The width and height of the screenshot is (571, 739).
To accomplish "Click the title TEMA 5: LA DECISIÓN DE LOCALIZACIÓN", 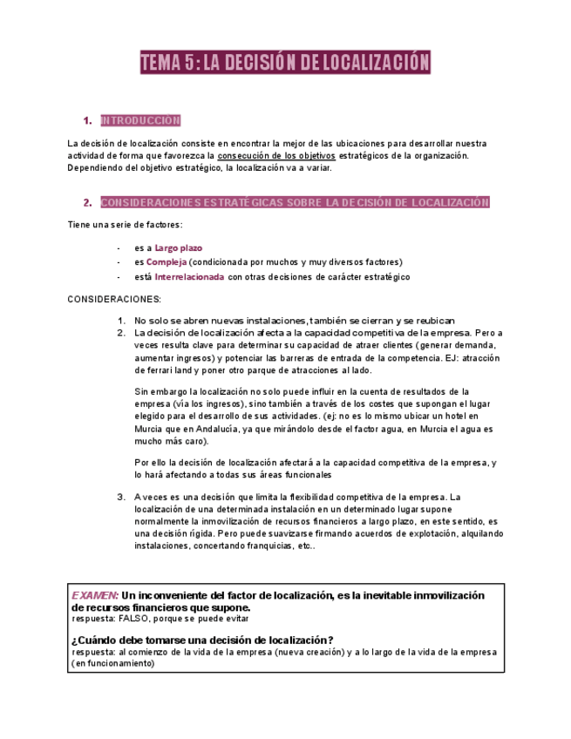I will coord(286,63).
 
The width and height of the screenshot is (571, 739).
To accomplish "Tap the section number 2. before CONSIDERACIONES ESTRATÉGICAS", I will coord(87,203).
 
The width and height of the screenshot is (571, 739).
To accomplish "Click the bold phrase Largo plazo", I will coord(178,247).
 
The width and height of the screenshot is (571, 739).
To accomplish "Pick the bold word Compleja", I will coord(167,261).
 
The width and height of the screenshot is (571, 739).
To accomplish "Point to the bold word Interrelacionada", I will coord(189,276).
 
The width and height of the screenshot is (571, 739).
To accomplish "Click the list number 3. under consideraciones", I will coord(122,497).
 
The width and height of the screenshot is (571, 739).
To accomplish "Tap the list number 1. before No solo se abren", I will coord(122,320).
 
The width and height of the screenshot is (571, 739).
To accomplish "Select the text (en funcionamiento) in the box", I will coord(113,663).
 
